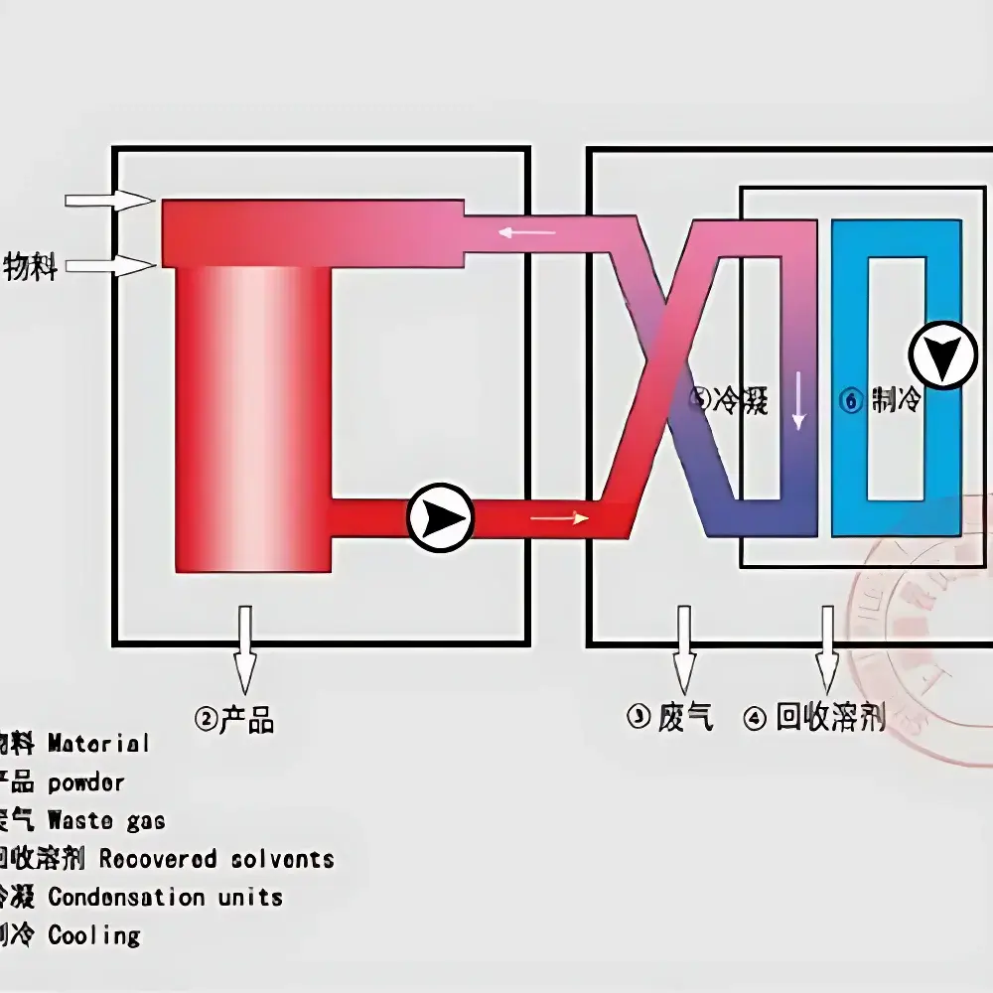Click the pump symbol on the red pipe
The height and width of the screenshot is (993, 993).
pyautogui.click(x=440, y=517)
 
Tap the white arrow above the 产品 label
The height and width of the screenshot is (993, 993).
pyautogui.click(x=243, y=650)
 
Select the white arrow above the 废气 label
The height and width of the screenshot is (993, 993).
pyautogui.click(x=683, y=650)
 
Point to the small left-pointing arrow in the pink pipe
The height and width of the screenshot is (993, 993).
pyautogui.click(x=526, y=232)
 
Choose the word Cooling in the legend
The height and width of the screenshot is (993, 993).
pyautogui.click(x=94, y=935)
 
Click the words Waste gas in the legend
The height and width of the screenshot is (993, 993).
pyautogui.click(x=106, y=821)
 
